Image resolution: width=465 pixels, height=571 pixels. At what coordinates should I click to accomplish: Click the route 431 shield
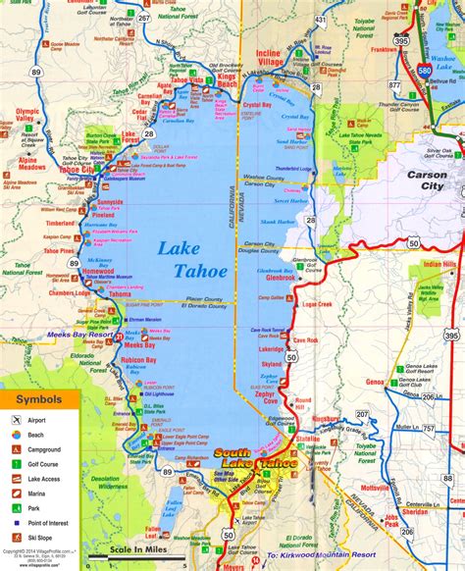pos(319,20)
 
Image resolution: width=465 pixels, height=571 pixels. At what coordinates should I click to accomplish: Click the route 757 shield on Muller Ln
pos(425,428)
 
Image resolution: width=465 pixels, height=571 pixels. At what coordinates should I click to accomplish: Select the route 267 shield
pos(145,19)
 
